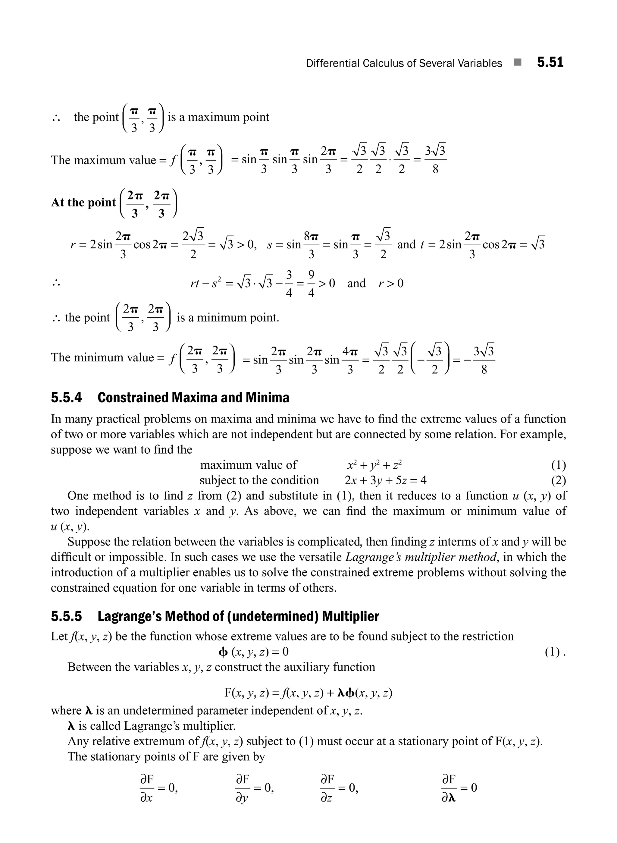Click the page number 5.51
550,62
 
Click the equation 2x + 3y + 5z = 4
385,480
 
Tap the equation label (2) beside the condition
558,480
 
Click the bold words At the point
83,203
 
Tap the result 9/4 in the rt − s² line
311,284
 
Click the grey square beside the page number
517,62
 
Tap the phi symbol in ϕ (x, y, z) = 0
223,652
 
